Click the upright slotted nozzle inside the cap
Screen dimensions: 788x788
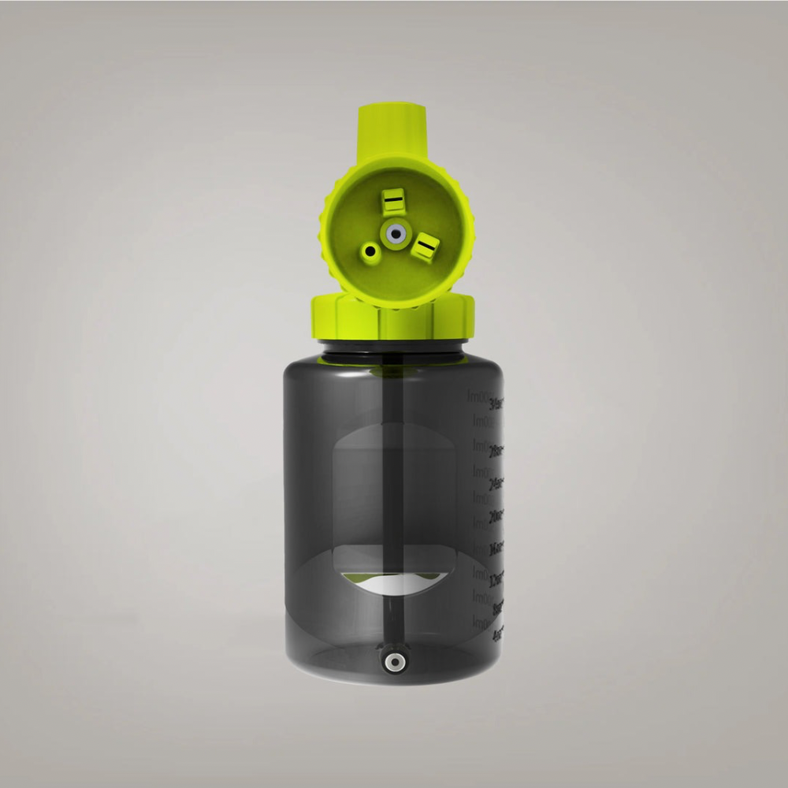coord(392,203)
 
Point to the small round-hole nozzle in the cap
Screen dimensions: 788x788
coord(368,251)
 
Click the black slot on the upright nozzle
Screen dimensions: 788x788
coord(392,203)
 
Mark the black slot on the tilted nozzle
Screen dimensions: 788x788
coord(426,249)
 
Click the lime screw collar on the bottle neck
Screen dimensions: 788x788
coord(392,319)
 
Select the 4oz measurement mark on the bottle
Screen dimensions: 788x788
coord(496,634)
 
